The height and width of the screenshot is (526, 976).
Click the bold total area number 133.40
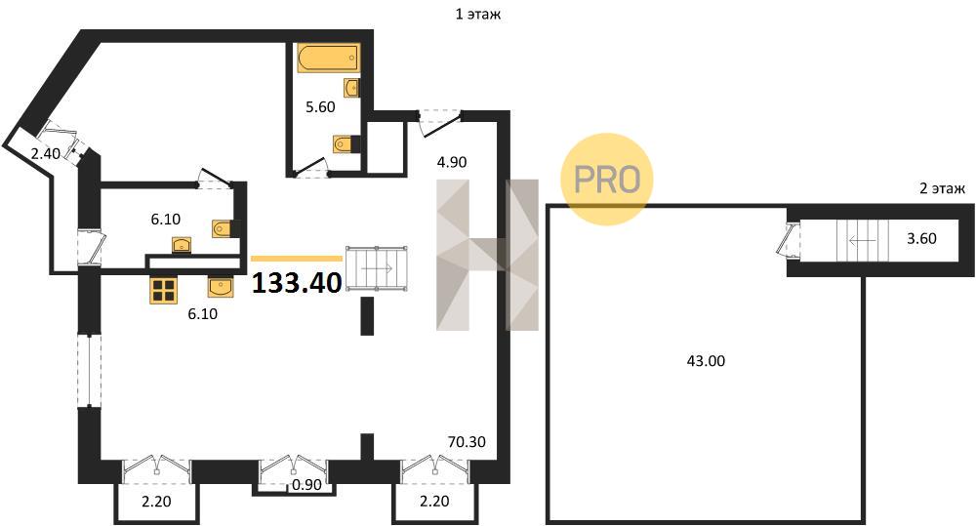point(297,283)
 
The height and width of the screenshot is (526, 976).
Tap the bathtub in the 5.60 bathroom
point(329,59)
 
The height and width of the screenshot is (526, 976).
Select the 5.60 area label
point(320,107)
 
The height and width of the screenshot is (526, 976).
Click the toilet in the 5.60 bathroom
point(346,144)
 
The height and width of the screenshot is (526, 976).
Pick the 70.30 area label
point(467,442)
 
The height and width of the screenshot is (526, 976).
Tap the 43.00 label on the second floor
point(706,360)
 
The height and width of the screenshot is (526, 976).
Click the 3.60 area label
point(921,238)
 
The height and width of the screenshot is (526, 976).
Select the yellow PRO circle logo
point(607,179)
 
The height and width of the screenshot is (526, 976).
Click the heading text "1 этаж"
point(478,14)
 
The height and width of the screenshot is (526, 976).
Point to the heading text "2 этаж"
point(943,188)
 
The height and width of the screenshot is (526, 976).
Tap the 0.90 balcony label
point(306,484)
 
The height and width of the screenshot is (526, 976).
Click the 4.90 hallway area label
point(451,162)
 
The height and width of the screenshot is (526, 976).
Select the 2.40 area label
point(46,153)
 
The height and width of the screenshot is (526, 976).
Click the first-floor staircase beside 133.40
point(377,268)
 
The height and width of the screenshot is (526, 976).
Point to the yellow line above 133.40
point(297,258)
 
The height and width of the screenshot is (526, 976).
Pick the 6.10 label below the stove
point(203,314)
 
